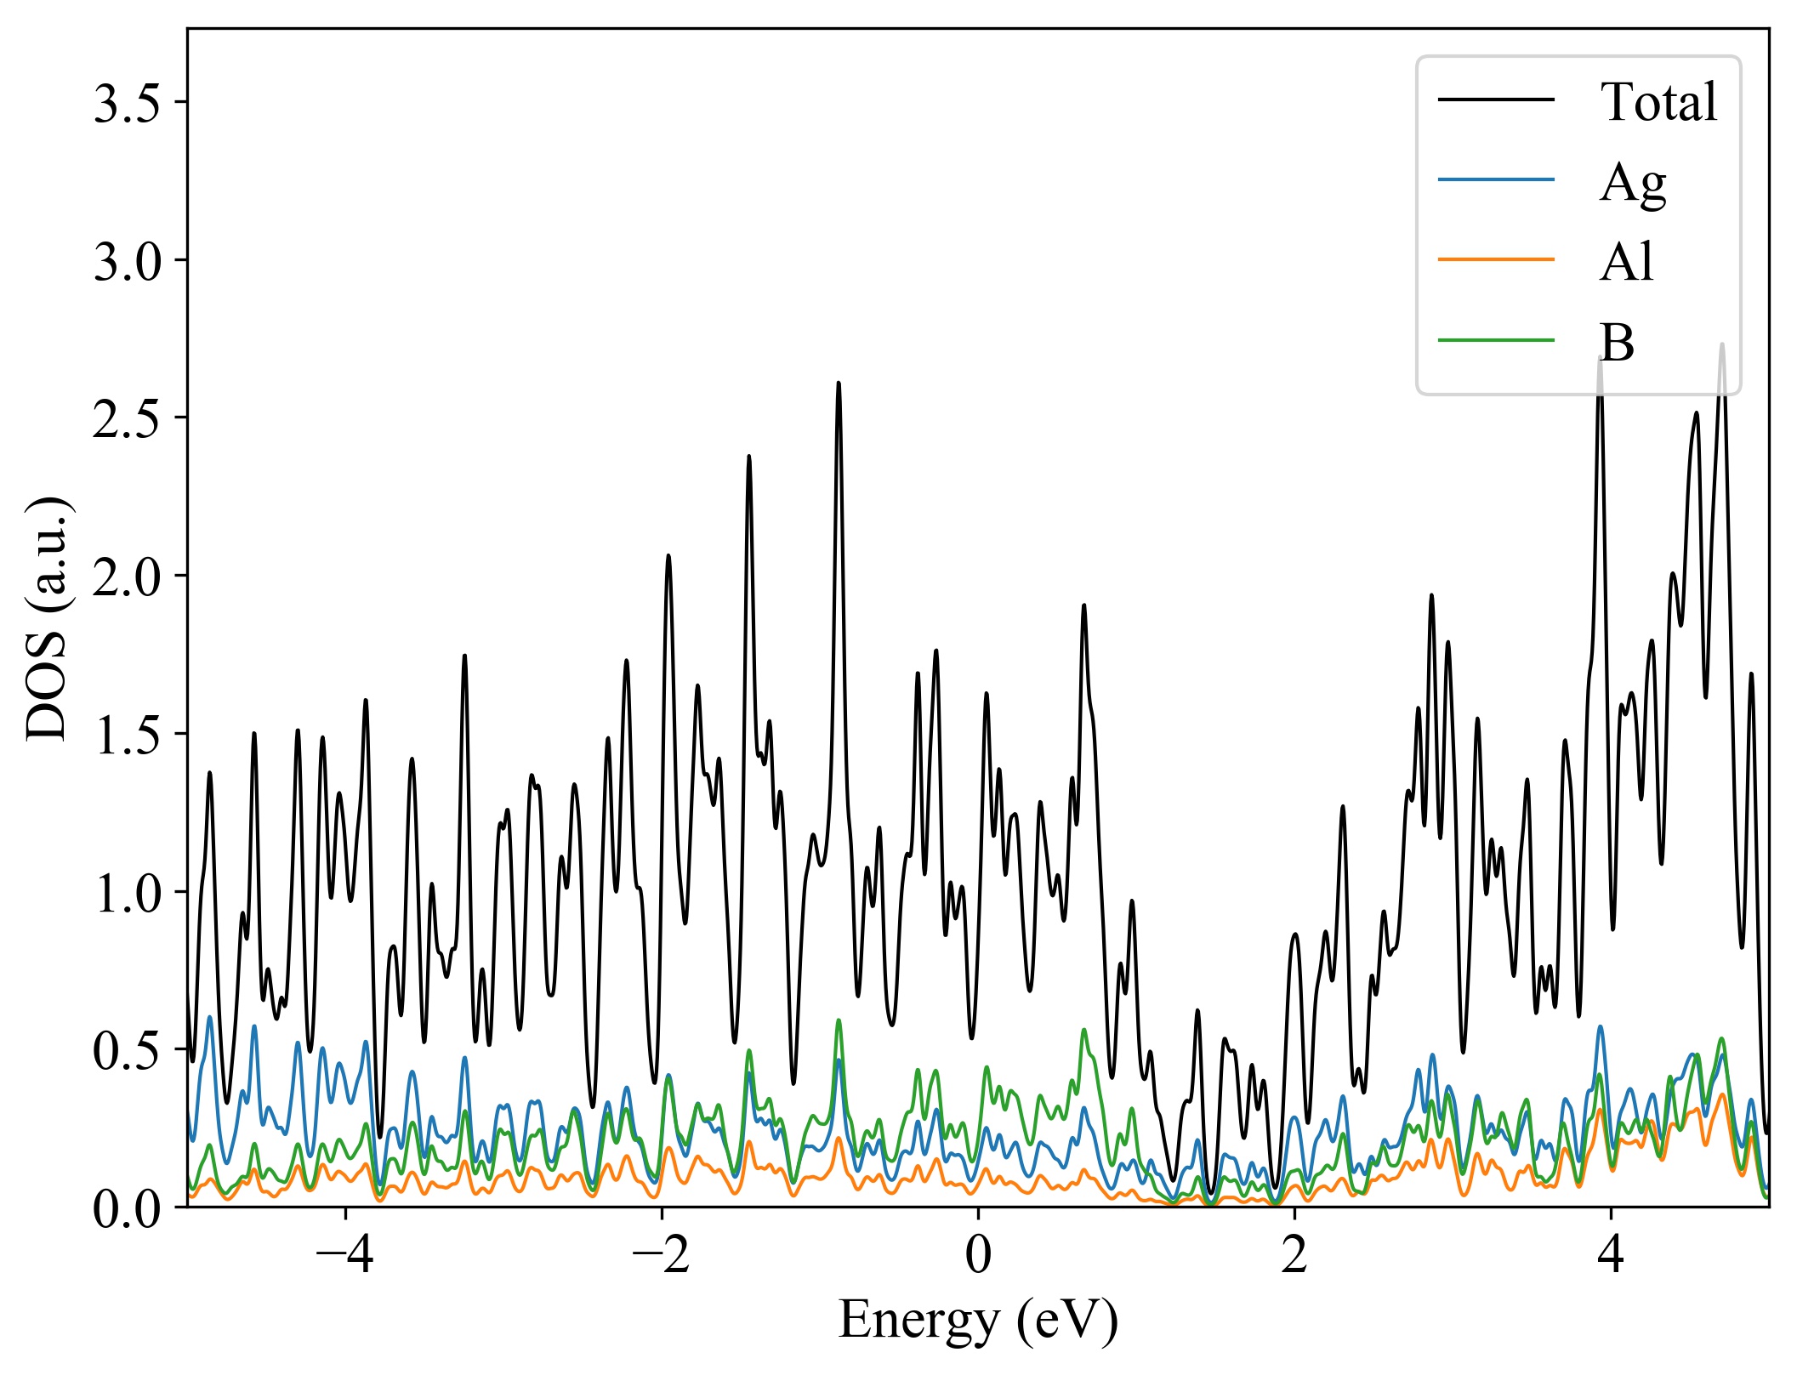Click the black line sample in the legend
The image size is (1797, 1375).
(1496, 100)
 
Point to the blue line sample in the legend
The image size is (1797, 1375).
(1496, 179)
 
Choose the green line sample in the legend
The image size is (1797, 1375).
(1496, 340)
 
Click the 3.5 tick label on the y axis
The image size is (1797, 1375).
(127, 105)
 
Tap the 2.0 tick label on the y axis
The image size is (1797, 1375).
(127, 578)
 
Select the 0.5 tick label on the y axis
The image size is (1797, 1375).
(127, 1052)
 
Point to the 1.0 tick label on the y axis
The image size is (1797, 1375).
(127, 895)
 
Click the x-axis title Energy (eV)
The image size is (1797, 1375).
(978, 1321)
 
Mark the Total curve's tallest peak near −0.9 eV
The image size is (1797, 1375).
(839, 384)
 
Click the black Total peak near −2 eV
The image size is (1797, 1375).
(668, 556)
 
